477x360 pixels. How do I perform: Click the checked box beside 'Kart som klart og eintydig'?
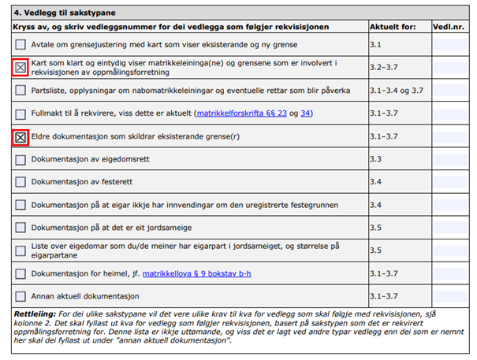(x=20, y=68)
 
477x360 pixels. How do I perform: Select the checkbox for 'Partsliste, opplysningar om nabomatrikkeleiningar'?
(x=20, y=91)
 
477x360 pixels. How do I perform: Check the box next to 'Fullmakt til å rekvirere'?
(x=20, y=113)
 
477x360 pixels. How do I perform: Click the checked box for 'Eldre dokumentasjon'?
(x=20, y=137)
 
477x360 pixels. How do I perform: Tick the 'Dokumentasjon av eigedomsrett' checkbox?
(x=20, y=160)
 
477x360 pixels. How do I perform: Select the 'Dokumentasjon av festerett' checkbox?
(x=20, y=183)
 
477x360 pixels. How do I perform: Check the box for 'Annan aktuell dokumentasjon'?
(x=20, y=297)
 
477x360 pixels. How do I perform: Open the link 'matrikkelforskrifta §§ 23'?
(x=243, y=113)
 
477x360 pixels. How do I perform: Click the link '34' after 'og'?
(x=306, y=113)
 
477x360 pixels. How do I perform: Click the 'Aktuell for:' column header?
(x=393, y=27)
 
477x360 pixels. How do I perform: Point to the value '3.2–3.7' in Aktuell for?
(x=386, y=68)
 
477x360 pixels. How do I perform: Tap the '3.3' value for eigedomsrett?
(x=376, y=160)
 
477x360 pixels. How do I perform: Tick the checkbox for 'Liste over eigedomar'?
(x=20, y=251)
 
